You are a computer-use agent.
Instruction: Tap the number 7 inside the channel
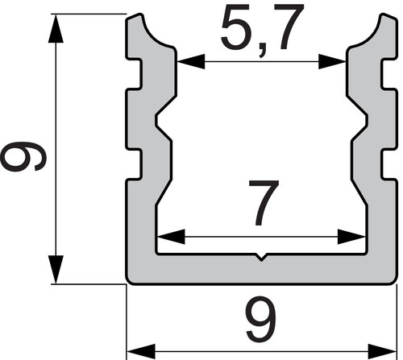pos(264,203)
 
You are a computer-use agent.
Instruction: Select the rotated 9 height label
pos(23,156)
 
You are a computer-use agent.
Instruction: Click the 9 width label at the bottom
pos(261,320)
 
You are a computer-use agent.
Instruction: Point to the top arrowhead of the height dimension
pos(56,28)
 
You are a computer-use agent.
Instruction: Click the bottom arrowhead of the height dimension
pos(56,269)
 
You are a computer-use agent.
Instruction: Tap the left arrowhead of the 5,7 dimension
pos(191,62)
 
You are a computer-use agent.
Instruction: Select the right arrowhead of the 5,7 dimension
pos(332,62)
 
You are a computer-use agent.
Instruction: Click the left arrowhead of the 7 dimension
pos(171,237)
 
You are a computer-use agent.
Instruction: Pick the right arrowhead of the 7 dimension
pos(351,237)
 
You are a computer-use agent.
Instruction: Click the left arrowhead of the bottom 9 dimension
pos(141,351)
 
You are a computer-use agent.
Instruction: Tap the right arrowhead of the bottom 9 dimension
pos(383,351)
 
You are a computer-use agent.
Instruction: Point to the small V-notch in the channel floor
pos(261,257)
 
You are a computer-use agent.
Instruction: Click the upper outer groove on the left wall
pos(135,73)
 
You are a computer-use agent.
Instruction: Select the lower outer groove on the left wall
pos(135,163)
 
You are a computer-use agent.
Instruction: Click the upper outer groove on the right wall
pos(388,73)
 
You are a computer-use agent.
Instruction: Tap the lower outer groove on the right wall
pos(388,163)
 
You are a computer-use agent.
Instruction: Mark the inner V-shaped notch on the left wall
pos(163,120)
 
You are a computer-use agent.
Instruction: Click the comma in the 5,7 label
pos(262,52)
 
